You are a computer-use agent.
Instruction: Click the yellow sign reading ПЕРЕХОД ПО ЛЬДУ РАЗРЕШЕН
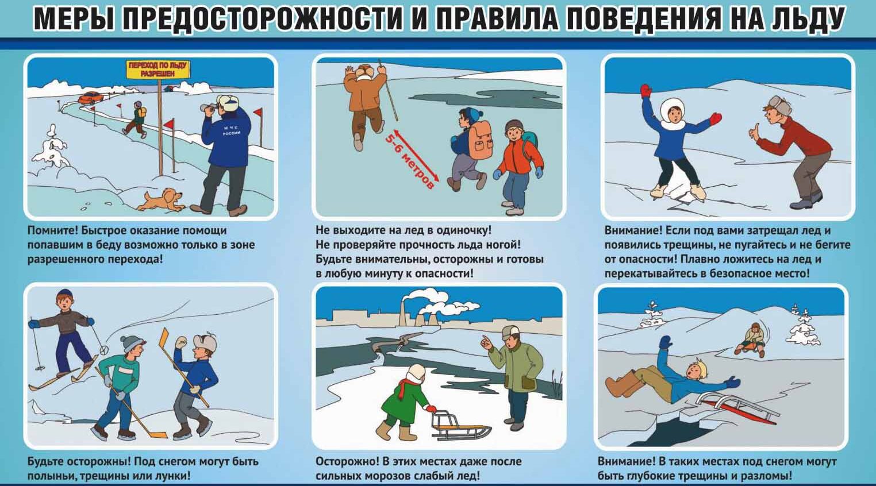coord(158,70)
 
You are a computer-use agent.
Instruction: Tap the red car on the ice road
coord(91,98)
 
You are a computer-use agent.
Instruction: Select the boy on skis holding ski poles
coord(64,333)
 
